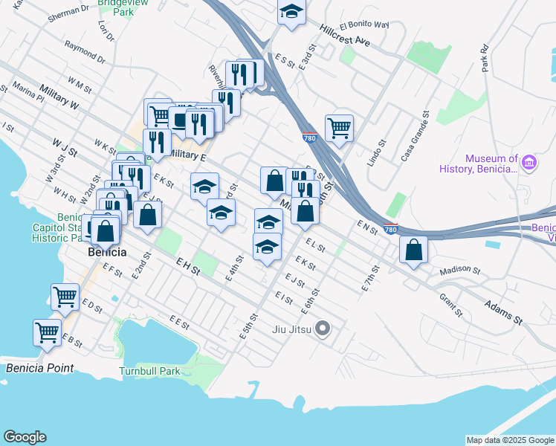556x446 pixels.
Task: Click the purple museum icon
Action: [529, 163]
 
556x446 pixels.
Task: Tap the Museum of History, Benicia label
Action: [491, 164]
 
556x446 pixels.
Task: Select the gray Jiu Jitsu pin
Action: [323, 328]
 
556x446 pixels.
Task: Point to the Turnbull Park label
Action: [149, 370]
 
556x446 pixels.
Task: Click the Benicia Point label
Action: [39, 368]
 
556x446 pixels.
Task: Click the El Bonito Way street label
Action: [364, 25]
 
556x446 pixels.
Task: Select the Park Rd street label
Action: [485, 59]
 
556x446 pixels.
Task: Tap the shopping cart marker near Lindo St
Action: [339, 127]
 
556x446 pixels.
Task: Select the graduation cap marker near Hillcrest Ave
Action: [291, 12]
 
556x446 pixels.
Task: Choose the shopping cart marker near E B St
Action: [48, 332]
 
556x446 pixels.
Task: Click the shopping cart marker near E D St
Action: [65, 297]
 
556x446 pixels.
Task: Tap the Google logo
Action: [25, 437]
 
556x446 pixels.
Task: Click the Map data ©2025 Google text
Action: [510, 440]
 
